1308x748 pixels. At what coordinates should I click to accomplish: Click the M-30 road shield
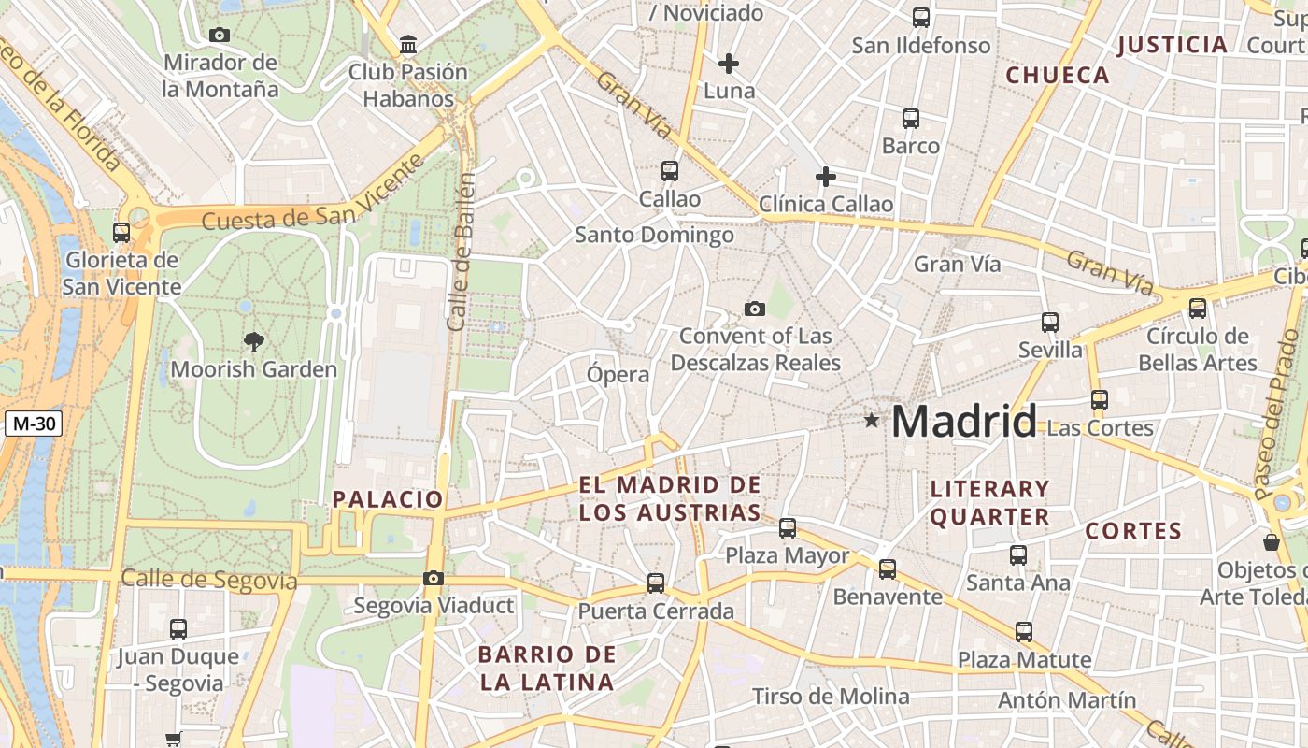tap(35, 424)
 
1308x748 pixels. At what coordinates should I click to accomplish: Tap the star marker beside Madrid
tap(872, 421)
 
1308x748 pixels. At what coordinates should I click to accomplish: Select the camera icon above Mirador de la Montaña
tap(220, 36)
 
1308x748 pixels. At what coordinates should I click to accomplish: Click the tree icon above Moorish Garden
tap(253, 341)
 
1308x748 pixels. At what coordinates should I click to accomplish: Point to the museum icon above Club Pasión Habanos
tap(408, 44)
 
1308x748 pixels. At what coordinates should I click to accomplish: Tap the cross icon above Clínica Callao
tap(826, 176)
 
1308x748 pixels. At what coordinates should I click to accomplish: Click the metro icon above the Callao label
tap(669, 171)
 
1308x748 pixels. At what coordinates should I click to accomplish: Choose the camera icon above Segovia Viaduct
tap(433, 579)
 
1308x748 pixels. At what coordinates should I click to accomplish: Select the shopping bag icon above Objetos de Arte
tap(1272, 542)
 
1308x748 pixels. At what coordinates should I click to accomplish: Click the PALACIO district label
tap(388, 499)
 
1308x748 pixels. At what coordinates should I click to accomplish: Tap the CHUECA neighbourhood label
tap(1058, 76)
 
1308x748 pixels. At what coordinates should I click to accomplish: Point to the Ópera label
tap(618, 375)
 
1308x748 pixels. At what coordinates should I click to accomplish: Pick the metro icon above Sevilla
tap(1050, 323)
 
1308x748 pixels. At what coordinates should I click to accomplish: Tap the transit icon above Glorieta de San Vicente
tap(121, 233)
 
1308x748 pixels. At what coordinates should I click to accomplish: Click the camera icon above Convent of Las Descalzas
tap(754, 309)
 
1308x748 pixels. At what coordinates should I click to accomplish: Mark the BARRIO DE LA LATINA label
tap(547, 668)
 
